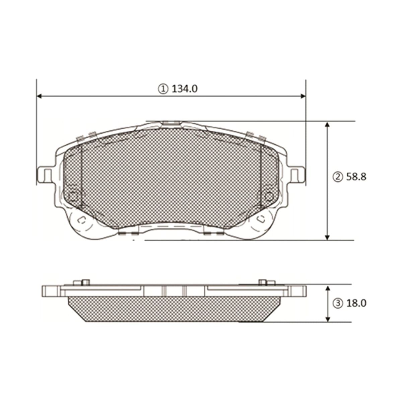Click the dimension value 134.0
pos(184,89)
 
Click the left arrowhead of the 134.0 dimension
pos(40,96)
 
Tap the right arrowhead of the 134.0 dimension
pos(303,96)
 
